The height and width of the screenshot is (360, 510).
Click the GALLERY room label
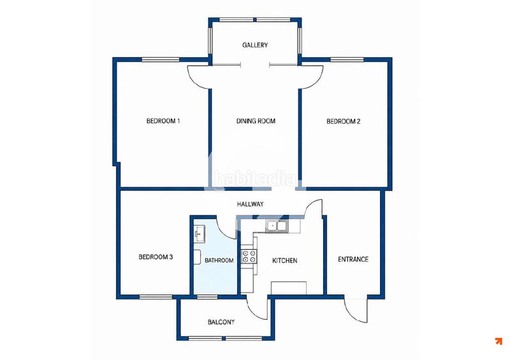(255, 45)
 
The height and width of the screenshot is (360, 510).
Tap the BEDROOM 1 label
(163, 121)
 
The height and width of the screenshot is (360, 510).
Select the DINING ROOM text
(256, 121)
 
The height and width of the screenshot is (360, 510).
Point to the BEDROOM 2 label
(343, 121)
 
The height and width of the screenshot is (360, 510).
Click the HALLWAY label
(250, 205)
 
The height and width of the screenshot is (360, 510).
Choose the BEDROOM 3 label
(156, 257)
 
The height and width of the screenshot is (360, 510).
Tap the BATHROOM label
(219, 260)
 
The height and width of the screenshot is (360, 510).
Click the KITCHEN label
(284, 261)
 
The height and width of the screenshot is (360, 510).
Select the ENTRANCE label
(353, 259)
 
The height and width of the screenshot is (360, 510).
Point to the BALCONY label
(221, 322)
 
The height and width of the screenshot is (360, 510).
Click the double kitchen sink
(277, 226)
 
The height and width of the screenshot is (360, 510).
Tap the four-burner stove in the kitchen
(249, 256)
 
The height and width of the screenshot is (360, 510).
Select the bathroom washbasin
(199, 233)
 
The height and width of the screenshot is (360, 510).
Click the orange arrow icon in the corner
(499, 341)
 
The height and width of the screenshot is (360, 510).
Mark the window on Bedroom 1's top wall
(161, 59)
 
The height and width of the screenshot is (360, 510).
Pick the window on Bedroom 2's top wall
(347, 59)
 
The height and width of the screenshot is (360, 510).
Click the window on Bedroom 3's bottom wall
(156, 297)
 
